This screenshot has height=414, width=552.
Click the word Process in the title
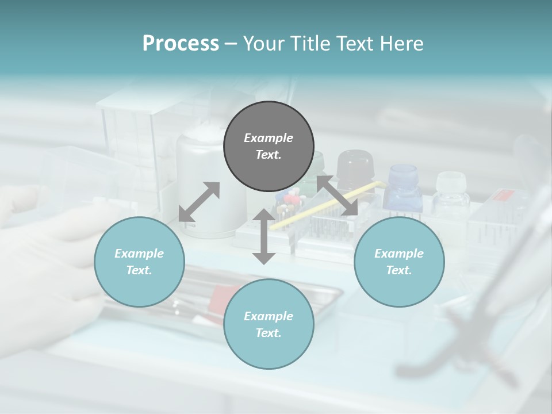[x=181, y=43]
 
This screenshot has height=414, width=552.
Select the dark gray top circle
[x=269, y=146]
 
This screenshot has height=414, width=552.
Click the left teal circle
[x=139, y=262]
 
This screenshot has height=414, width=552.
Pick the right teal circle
[x=399, y=262]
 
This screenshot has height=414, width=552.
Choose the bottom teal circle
[x=269, y=324]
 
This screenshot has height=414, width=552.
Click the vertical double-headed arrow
[x=264, y=236]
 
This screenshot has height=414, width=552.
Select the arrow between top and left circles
[x=199, y=202]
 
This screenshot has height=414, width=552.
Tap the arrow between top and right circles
[x=337, y=196]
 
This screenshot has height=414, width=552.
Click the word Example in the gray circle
[x=269, y=138]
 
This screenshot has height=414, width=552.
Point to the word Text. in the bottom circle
[x=269, y=333]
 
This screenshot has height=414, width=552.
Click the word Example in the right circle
[x=399, y=254]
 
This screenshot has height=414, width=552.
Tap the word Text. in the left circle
[x=139, y=270]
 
